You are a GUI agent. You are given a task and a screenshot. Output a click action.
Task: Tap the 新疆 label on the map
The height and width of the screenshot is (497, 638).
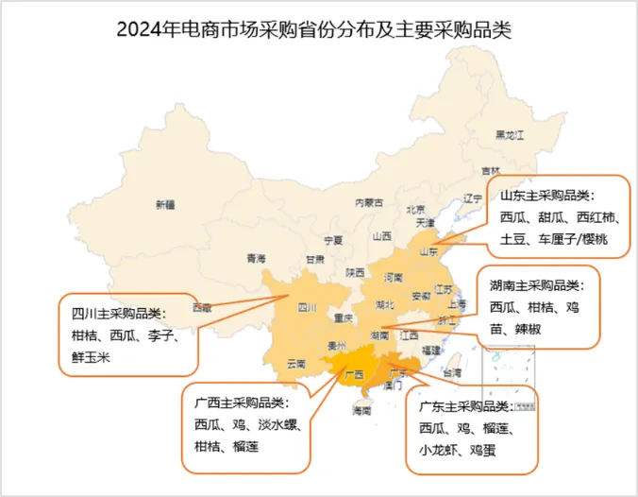(165, 204)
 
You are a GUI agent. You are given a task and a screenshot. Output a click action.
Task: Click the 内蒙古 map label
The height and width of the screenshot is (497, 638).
(368, 202)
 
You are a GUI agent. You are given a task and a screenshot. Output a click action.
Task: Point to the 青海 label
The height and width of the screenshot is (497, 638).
(256, 258)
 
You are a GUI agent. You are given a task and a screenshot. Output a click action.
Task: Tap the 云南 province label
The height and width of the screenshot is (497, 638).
(295, 364)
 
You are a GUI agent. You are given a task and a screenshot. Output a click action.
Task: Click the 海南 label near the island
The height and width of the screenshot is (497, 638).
(361, 411)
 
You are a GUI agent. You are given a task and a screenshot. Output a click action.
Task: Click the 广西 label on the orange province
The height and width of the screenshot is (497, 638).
(355, 374)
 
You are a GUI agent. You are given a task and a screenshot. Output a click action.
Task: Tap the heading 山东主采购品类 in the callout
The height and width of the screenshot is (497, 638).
(545, 195)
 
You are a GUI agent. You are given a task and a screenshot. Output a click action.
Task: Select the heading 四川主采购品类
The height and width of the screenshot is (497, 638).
(118, 313)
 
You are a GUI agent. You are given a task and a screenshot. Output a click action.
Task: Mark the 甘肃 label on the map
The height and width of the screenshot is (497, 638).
(314, 258)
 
